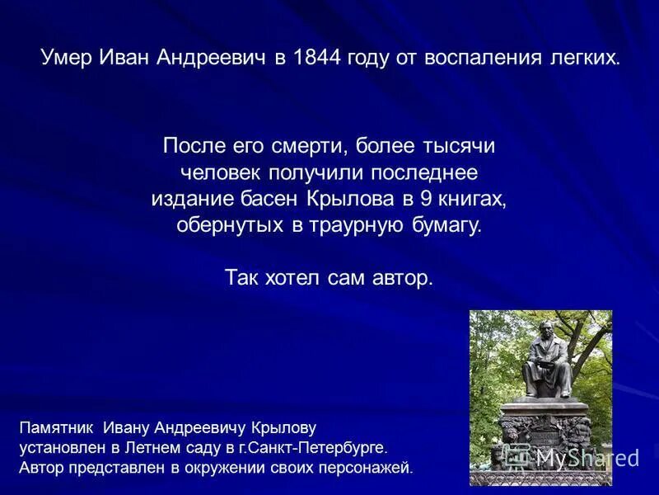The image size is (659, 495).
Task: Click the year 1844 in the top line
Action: (x=314, y=58)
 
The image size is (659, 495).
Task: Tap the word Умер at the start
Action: (x=66, y=58)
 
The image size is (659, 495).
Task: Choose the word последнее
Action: (x=423, y=174)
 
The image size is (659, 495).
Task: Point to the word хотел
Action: (x=293, y=278)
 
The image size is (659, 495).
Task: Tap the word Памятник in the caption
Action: (x=55, y=428)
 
